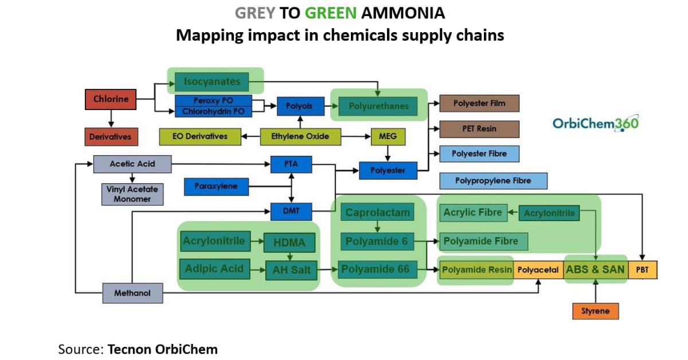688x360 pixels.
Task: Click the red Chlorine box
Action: click(111, 99)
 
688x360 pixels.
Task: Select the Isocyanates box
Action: click(212, 81)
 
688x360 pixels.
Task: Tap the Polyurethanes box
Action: click(373, 105)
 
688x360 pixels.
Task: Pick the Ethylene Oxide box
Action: click(300, 136)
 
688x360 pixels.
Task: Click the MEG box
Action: click(388, 136)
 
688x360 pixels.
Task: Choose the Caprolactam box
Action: click(377, 213)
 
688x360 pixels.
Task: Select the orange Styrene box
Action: click(596, 311)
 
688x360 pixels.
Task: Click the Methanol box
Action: click(132, 293)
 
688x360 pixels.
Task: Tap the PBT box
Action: click(643, 269)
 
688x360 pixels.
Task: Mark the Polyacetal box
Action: click(538, 269)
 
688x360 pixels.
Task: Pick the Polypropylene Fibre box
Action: click(493, 181)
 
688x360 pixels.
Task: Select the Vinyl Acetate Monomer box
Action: click(132, 194)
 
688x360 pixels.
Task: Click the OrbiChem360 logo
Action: click(595, 123)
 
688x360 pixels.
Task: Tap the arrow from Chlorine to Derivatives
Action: click(111, 118)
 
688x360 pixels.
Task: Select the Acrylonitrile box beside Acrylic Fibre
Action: click(549, 213)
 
